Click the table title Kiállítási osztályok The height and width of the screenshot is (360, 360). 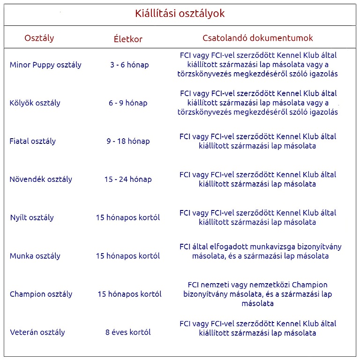[180, 14]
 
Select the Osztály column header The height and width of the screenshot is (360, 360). [39, 38]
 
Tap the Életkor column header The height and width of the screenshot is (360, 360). [128, 39]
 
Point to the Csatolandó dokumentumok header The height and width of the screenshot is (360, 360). [258, 38]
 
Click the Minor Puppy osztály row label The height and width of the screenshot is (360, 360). [45, 65]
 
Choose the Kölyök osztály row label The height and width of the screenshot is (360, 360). [35, 103]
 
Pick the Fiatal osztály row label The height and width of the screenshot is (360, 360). [33, 141]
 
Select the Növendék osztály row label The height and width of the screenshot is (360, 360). [41, 179]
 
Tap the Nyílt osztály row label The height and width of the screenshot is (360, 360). [32, 217]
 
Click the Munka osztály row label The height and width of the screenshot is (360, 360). [35, 256]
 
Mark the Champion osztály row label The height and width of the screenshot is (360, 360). [41, 294]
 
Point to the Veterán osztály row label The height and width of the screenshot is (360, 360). [37, 332]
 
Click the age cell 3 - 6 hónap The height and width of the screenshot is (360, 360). [129, 65]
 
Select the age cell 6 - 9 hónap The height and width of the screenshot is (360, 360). [128, 103]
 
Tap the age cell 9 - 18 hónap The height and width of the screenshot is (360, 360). [128, 141]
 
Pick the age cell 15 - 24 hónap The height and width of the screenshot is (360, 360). [128, 179]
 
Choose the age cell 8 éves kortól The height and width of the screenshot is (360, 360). [128, 332]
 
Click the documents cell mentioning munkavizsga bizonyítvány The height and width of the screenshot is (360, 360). [260, 251]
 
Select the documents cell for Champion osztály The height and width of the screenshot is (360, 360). [258, 294]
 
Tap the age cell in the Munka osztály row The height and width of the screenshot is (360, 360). [128, 256]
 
